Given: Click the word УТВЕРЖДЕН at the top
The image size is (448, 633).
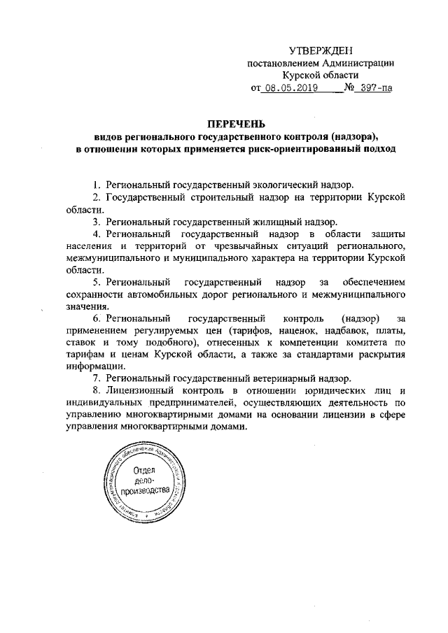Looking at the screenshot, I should coord(321,50).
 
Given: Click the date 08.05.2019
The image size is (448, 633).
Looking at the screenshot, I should coord(288,89).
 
